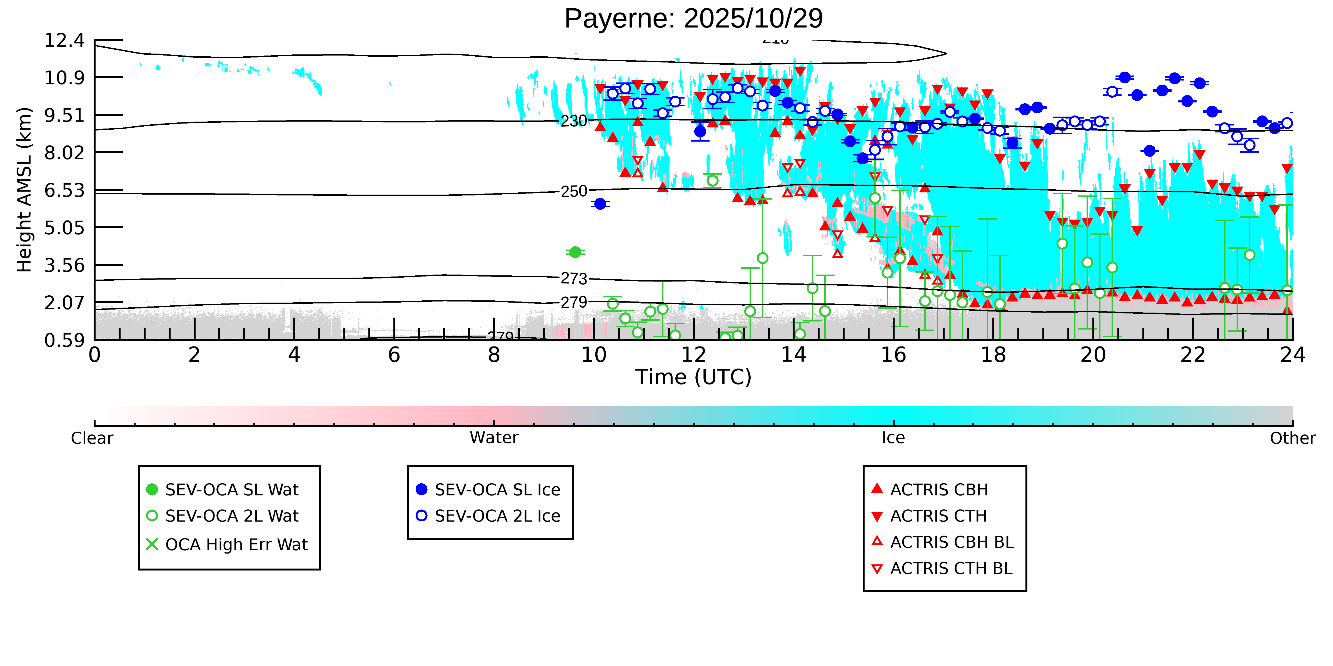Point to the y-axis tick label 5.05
click(64, 228)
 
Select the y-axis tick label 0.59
click(64, 340)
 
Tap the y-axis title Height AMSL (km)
click(24, 190)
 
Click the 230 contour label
click(574, 121)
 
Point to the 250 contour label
click(574, 191)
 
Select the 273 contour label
click(574, 279)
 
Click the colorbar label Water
click(494, 438)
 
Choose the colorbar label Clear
click(92, 438)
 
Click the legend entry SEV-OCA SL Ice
click(497, 490)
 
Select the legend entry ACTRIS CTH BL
click(951, 568)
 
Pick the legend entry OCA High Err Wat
click(236, 544)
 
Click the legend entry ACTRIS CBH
click(939, 490)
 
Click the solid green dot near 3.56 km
click(575, 252)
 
